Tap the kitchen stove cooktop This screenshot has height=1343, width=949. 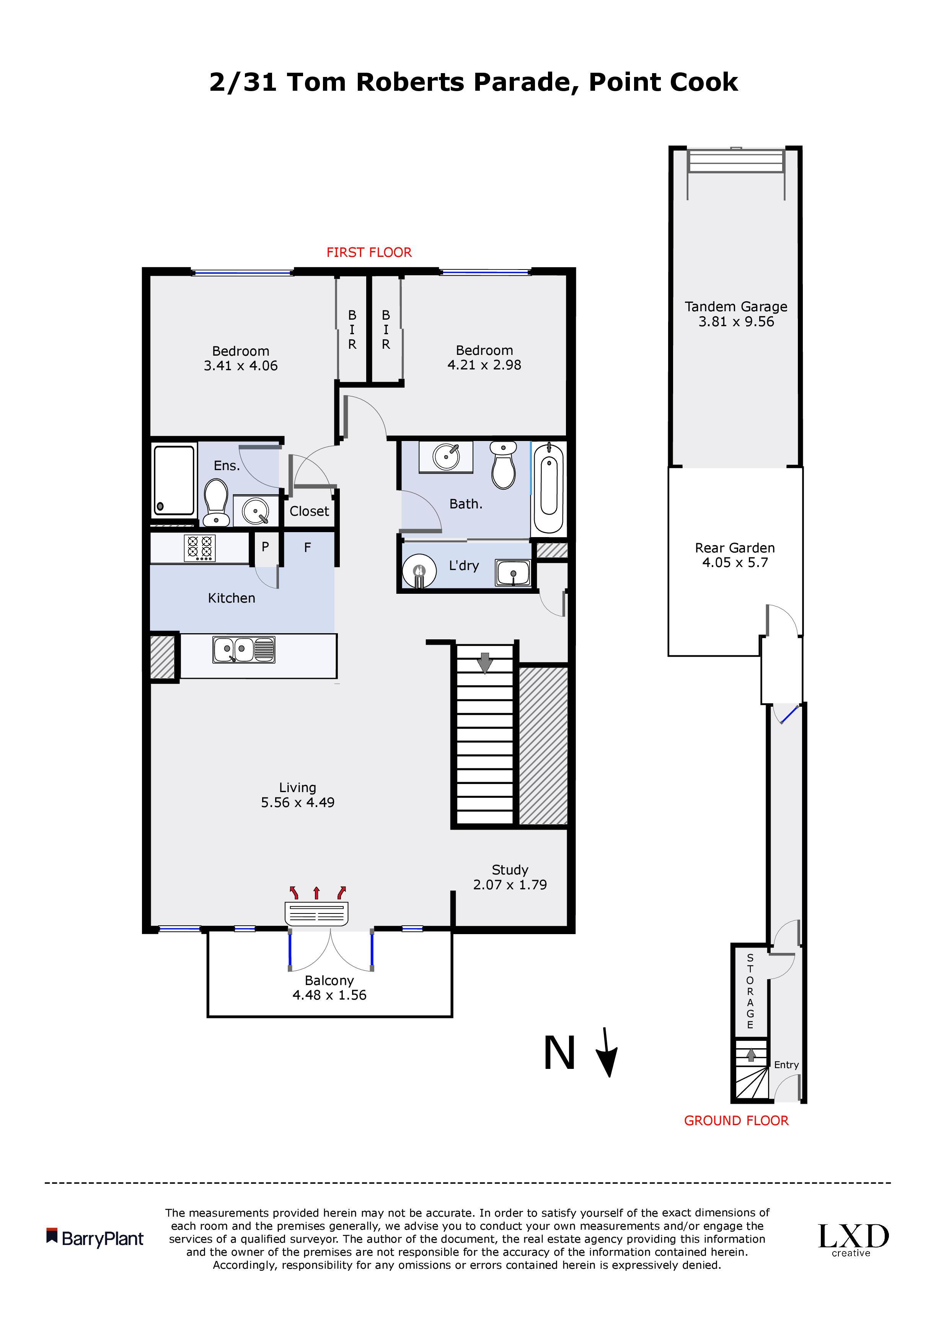point(200,548)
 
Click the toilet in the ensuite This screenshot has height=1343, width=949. point(216,502)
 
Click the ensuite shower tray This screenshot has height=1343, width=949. point(174,481)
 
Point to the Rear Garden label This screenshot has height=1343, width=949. point(735,548)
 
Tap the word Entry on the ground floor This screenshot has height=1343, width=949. point(786,1065)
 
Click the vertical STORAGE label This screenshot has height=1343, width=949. point(750,992)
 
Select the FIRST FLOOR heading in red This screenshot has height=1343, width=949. point(369,252)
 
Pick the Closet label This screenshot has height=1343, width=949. point(309,511)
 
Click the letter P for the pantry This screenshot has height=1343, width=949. point(266,547)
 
